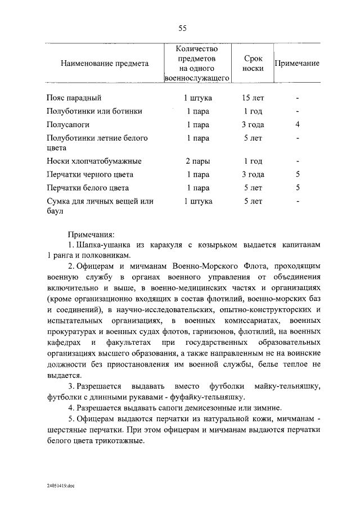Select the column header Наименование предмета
tap(105, 64)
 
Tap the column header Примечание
tap(297, 64)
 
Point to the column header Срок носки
tap(253, 63)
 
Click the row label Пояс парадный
tap(74, 98)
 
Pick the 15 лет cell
tap(253, 98)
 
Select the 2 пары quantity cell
tap(197, 161)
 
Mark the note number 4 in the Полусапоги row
tap(297, 124)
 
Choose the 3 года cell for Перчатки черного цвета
tap(253, 175)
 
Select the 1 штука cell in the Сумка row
tap(197, 201)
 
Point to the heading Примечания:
tap(91, 234)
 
